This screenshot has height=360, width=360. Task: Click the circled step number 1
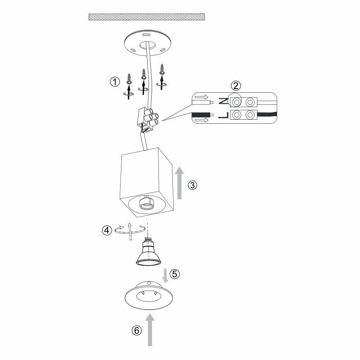coord(115,82)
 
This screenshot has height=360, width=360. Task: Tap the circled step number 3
coord(192,185)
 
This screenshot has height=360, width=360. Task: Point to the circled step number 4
coord(107,230)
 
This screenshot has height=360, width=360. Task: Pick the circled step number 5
coord(175,273)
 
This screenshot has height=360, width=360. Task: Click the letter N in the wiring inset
coord(222,102)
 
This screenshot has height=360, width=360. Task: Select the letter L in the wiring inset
coord(222,116)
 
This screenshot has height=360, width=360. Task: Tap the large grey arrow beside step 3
coord(179,183)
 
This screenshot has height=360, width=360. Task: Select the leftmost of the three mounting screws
coord(129,80)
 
